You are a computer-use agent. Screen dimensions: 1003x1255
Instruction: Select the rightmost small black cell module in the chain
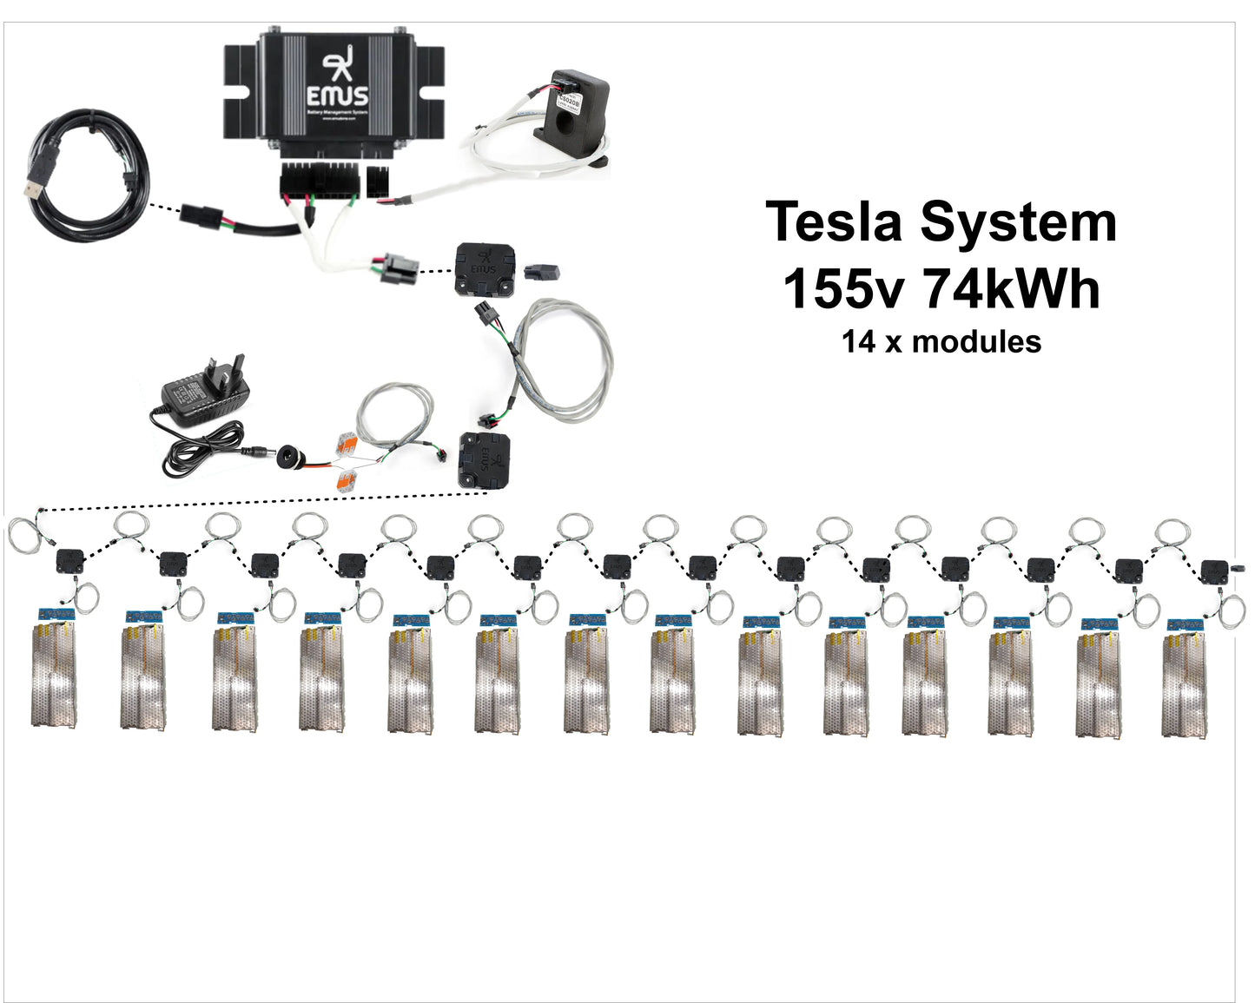click(1214, 571)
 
